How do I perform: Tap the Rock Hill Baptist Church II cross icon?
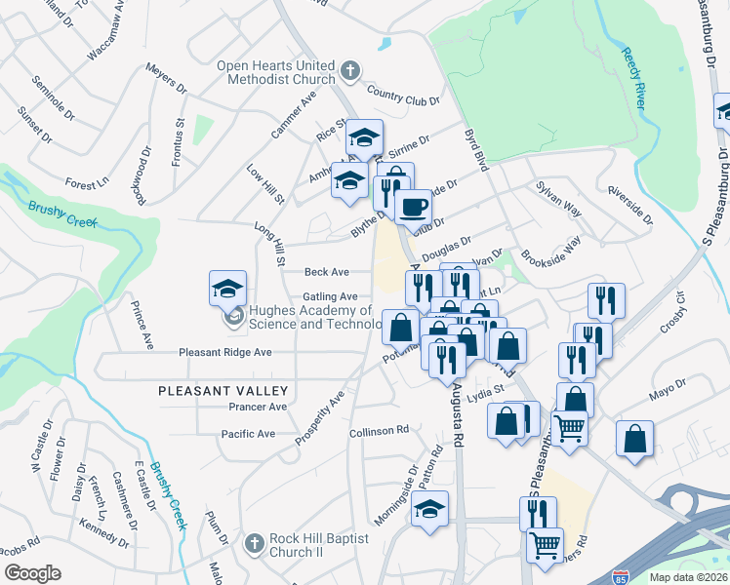pos(254,542)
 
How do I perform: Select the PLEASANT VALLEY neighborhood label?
pos(214,390)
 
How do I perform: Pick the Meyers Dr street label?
pos(166,79)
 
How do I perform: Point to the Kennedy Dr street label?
pos(103,532)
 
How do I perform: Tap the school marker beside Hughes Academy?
pos(227,290)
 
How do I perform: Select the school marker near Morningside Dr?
pos(429,509)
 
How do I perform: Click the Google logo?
pos(32,572)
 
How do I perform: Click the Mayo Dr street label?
pos(668,396)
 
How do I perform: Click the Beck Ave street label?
pos(327,272)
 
